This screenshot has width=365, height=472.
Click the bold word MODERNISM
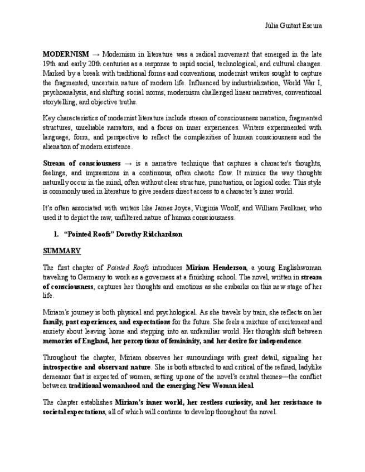pos(65,54)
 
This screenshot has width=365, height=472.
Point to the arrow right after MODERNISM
pos(95,54)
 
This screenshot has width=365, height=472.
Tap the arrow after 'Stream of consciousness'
pos(128,163)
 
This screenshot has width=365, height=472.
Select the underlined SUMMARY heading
pos(62,251)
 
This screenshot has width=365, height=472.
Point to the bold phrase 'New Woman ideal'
pos(228,385)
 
